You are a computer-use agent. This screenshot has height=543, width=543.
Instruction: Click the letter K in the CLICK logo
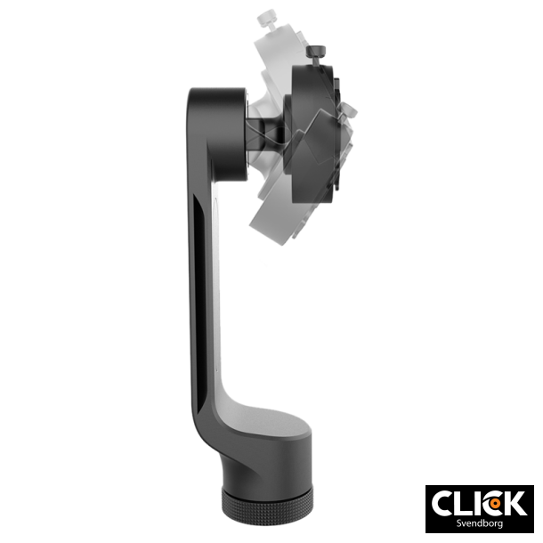click(x=514, y=503)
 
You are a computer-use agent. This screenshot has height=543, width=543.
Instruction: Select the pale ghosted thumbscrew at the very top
click(x=263, y=17)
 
